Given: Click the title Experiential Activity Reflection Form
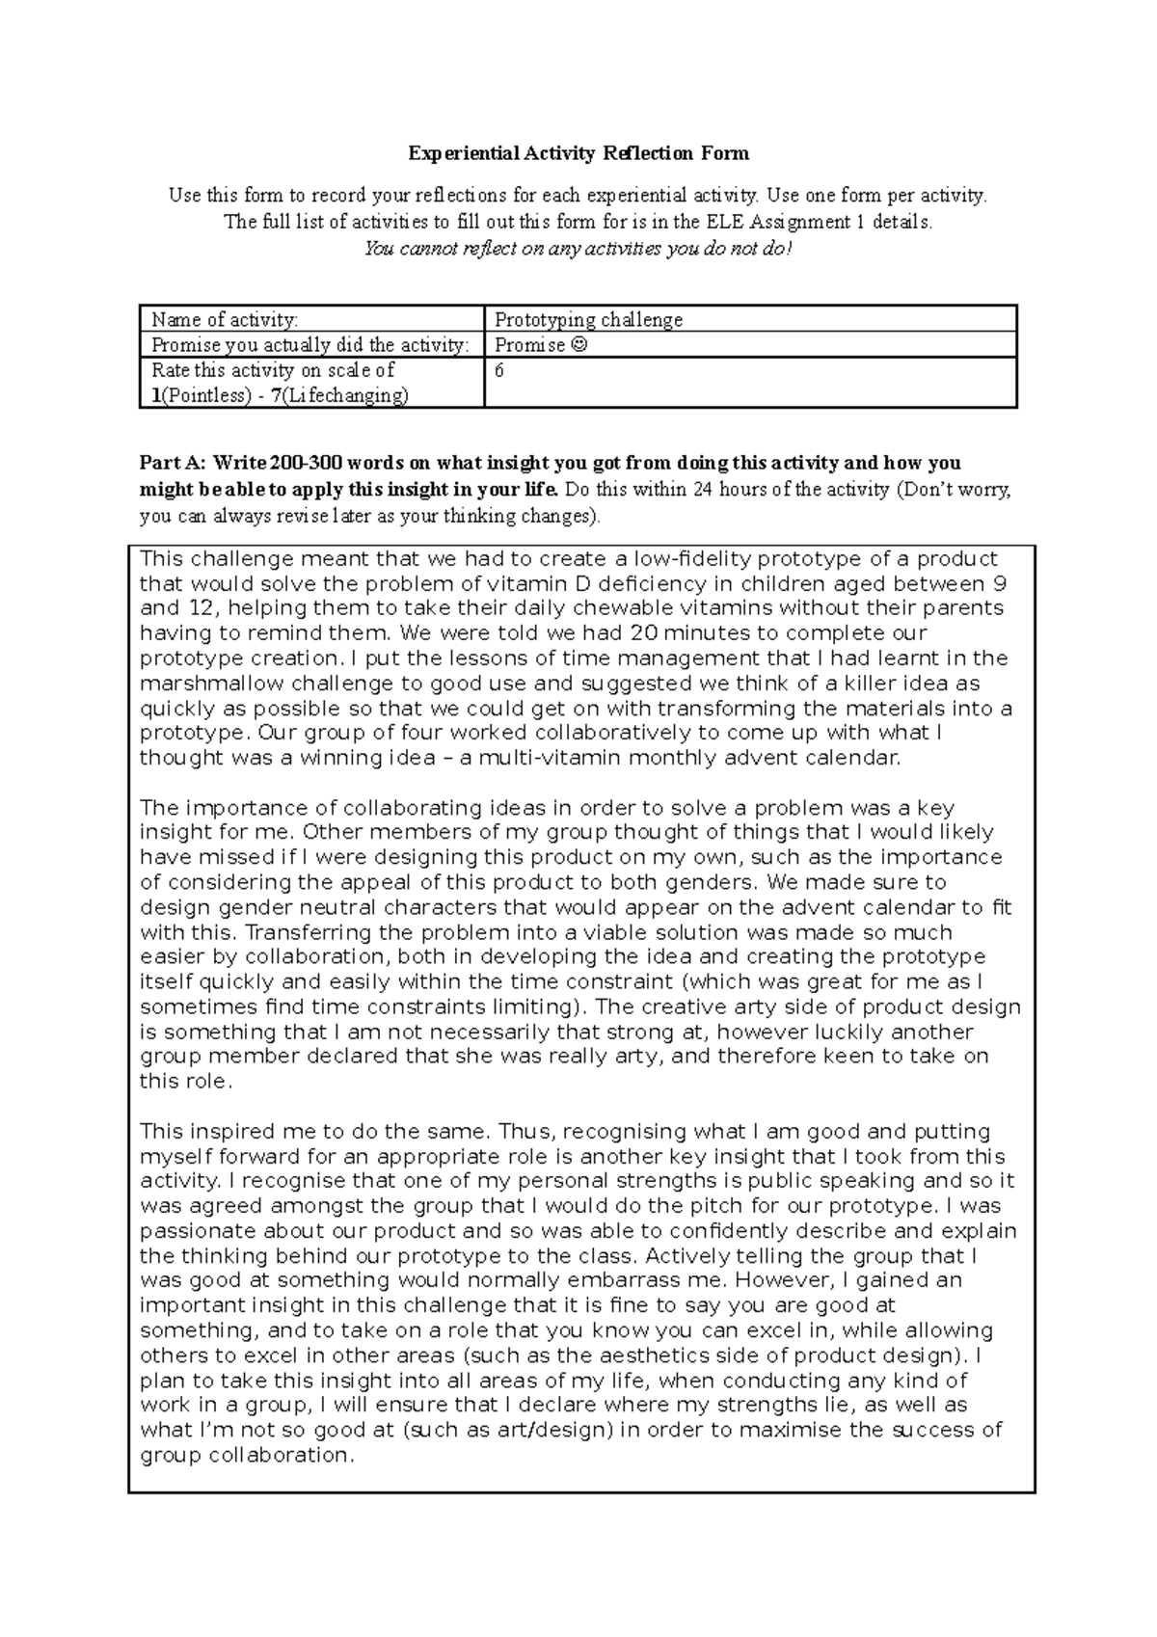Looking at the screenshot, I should tap(578, 153).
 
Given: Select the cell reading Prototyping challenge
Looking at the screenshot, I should tap(588, 319).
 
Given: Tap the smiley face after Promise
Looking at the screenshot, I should tap(578, 345).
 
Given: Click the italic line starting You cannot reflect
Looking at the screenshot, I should tap(578, 249).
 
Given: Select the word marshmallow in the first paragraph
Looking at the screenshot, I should tap(198, 684).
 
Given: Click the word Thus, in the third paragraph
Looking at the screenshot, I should tap(528, 1131).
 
